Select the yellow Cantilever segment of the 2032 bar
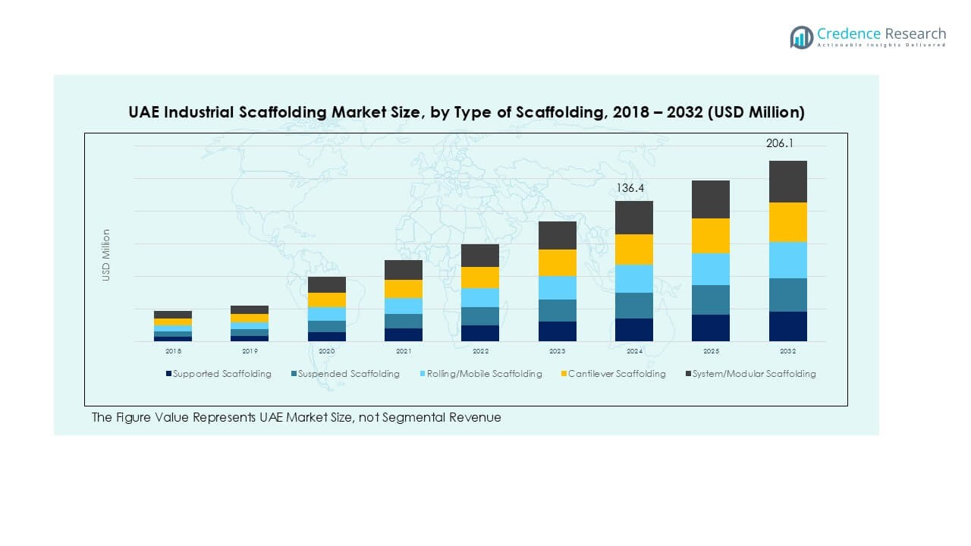tap(787, 222)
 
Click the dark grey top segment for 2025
tap(711, 199)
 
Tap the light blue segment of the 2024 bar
tap(633, 279)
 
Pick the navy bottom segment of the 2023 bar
tap(557, 331)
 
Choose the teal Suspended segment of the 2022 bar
tap(480, 316)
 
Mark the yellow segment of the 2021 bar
tap(404, 289)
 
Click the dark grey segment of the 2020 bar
tap(326, 284)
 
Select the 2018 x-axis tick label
tap(173, 352)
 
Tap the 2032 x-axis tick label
tap(787, 352)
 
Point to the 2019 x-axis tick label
tap(250, 352)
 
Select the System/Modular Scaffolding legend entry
tap(753, 374)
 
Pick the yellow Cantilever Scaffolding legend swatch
tap(563, 374)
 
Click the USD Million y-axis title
tap(107, 256)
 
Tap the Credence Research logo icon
tap(801, 37)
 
